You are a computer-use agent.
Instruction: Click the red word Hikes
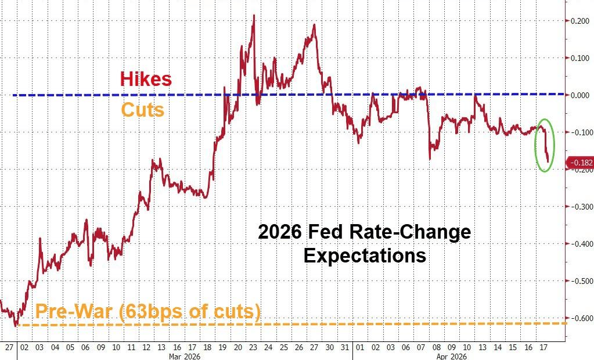(x=146, y=79)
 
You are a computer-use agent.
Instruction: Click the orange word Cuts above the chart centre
(x=142, y=110)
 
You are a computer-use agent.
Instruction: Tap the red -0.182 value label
(x=581, y=163)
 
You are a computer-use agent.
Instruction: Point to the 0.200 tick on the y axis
(x=579, y=21)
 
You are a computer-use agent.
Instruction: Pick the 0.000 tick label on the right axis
(x=579, y=95)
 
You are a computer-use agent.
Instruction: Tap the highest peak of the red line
(x=254, y=16)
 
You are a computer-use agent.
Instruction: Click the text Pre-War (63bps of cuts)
(x=148, y=312)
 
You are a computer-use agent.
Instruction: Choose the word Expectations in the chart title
(x=365, y=255)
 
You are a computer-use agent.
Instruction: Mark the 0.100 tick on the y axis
(x=579, y=58)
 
